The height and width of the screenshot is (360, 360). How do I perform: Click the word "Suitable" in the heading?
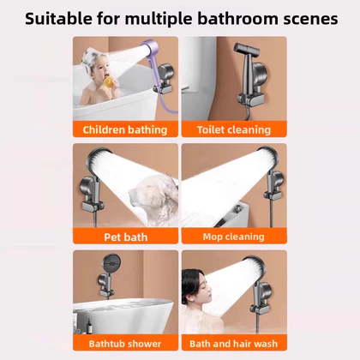[58, 19]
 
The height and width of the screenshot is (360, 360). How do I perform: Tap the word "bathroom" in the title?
[237, 19]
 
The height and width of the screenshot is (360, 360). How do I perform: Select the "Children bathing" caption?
[125, 129]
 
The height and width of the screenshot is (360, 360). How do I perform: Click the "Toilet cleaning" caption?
[234, 129]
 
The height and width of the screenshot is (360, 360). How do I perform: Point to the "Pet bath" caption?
[126, 237]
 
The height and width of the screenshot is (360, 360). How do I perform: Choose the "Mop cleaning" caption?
[234, 237]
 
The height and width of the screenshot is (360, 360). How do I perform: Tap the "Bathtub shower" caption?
[125, 344]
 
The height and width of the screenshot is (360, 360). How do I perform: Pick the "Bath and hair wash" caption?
[234, 344]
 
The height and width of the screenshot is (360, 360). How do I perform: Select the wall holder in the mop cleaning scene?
[273, 184]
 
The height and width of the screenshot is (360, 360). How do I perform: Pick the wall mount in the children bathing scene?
[164, 79]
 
